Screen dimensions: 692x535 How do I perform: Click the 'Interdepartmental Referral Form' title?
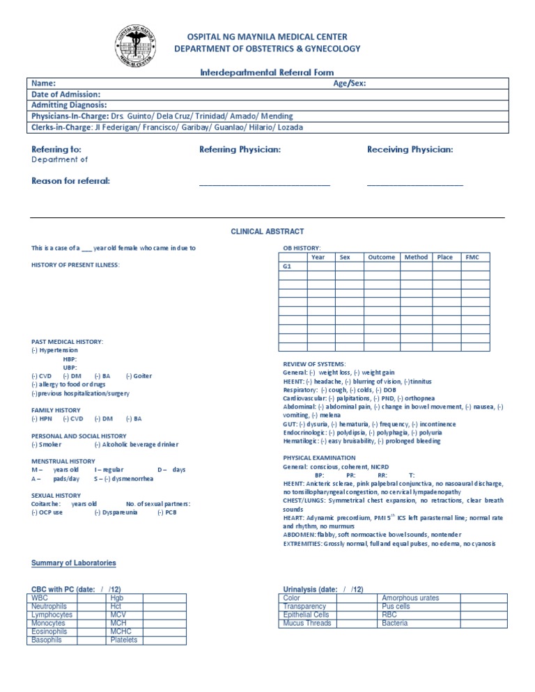267,72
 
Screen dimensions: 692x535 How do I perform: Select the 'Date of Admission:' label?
66,94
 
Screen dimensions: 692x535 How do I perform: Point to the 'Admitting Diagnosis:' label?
69,104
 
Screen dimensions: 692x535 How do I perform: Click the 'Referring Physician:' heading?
240,150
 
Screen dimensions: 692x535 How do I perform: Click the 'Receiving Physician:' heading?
410,150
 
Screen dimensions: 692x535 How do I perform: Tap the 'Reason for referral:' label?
70,182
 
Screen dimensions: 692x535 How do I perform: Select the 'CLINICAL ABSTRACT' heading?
267,232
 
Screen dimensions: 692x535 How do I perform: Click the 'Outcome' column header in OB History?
381,257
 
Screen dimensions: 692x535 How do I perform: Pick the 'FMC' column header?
472,257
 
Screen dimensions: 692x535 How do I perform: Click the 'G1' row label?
286,267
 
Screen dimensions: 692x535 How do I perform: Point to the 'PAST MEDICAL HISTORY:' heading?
68,342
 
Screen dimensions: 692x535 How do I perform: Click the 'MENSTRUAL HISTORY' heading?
63,461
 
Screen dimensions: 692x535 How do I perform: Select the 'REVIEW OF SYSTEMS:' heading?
313,364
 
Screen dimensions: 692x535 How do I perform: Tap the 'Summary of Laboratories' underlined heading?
74,563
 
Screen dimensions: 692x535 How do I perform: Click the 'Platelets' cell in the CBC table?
124,640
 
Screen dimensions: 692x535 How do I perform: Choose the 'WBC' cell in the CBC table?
40,598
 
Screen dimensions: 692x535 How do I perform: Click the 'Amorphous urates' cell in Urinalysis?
410,598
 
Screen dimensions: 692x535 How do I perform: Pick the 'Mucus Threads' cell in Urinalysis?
307,623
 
